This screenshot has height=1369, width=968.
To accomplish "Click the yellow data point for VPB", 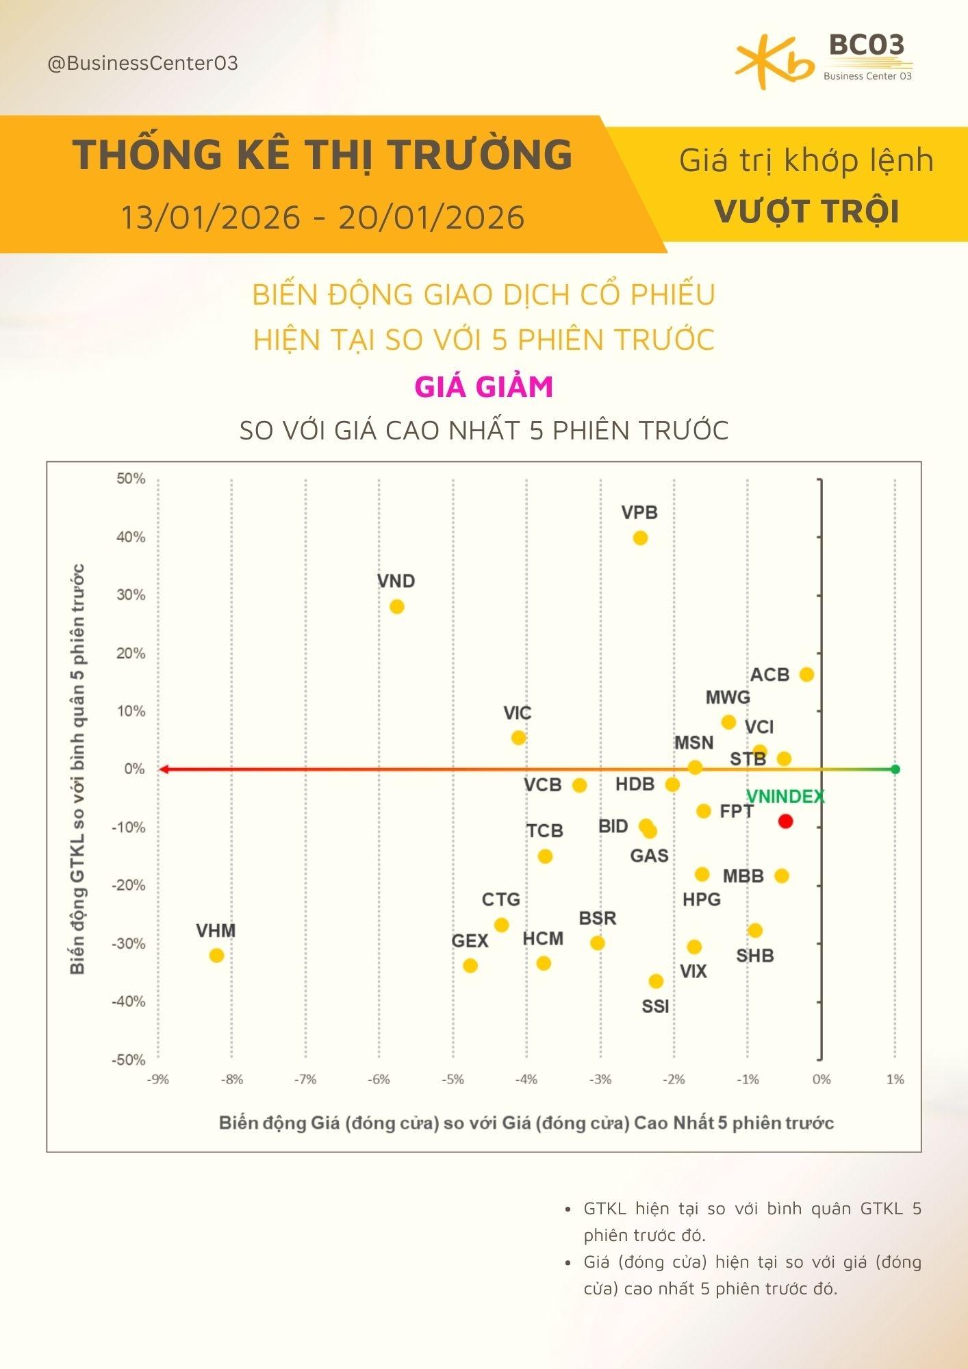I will [x=640, y=538].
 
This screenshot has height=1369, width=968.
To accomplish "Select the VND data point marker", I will [x=396, y=607].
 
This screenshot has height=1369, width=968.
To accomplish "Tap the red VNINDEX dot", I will [x=785, y=821].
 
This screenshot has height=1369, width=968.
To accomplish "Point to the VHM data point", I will [x=216, y=955].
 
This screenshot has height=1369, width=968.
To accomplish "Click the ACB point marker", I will [x=806, y=674].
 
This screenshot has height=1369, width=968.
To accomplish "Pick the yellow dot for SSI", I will [x=656, y=982].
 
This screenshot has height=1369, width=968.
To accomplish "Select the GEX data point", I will [x=470, y=966].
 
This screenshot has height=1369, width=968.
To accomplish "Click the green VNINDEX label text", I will [x=785, y=797].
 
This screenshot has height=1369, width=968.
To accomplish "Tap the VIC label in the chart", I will [x=517, y=713].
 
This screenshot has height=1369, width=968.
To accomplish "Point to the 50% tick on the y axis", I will [x=131, y=478].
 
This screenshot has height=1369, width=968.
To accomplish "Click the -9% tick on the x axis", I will [x=157, y=1079].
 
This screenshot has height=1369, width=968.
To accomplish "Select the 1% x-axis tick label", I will [x=895, y=1079].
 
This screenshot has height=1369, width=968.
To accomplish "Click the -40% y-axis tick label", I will [x=129, y=1001].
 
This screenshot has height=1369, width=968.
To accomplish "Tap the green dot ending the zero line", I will [x=895, y=769].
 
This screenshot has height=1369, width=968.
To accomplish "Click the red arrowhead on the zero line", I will [x=163, y=769].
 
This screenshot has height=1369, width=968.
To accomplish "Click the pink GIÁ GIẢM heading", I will [x=484, y=387].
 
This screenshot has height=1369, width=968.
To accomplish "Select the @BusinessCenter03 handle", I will [x=142, y=64].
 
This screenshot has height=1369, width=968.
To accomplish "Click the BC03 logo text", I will [x=867, y=46].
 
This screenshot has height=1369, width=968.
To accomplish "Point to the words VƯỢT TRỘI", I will [x=806, y=211].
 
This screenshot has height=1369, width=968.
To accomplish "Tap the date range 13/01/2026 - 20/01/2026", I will [x=322, y=218].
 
